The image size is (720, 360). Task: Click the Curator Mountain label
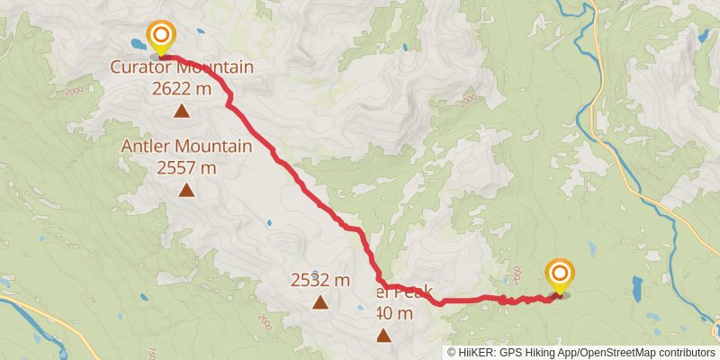pyautogui.click(x=182, y=67)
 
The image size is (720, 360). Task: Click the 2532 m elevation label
pyautogui.click(x=319, y=280)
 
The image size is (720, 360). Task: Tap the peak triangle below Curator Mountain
pyautogui.click(x=182, y=112)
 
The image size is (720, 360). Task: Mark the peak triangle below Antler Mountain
pyautogui.click(x=186, y=190)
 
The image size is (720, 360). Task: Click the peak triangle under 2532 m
pyautogui.click(x=319, y=302)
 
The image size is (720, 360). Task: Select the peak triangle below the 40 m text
pyautogui.click(x=384, y=337)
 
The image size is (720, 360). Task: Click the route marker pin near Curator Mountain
pyautogui.click(x=161, y=38)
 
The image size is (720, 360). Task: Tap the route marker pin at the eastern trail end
pyautogui.click(x=560, y=274)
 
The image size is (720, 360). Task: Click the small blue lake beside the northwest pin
pyautogui.click(x=137, y=43)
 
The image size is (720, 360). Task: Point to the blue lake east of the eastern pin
pyautogui.click(x=637, y=288)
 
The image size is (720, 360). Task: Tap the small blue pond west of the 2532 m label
pyautogui.click(x=268, y=222)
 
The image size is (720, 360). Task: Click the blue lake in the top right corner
pyautogui.click(x=703, y=37)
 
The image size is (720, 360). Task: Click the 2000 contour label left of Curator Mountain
pyautogui.click(x=74, y=92)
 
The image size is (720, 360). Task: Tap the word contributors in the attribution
pyautogui.click(x=688, y=353)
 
